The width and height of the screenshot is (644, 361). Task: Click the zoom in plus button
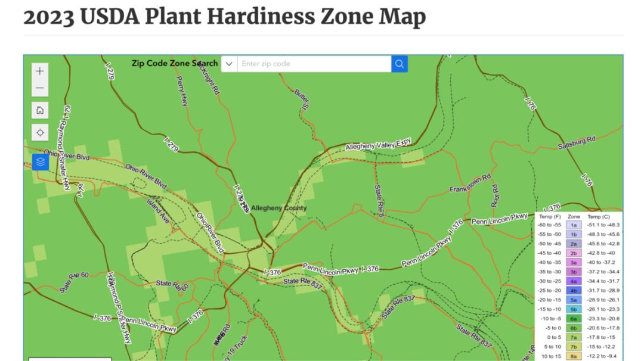point(40,71)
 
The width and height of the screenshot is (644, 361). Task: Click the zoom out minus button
point(40,88)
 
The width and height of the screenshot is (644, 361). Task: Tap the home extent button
point(40,110)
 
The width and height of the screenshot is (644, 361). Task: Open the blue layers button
point(40,161)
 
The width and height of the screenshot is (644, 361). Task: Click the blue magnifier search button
point(400,64)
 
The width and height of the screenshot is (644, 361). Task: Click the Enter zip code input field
point(314,64)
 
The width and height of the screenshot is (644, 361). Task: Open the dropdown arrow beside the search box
point(229,64)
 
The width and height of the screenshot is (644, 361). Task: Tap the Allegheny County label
point(278,208)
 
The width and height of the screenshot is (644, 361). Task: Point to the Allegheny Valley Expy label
point(379,143)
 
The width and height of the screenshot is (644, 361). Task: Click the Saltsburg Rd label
point(577,142)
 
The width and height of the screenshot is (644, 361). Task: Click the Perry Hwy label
point(182,92)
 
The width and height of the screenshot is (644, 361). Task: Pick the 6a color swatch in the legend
point(574,319)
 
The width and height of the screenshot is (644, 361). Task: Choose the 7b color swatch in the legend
point(574,347)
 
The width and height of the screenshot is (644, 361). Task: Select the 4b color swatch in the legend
point(574,290)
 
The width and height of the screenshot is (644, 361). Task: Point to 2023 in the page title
point(49,17)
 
